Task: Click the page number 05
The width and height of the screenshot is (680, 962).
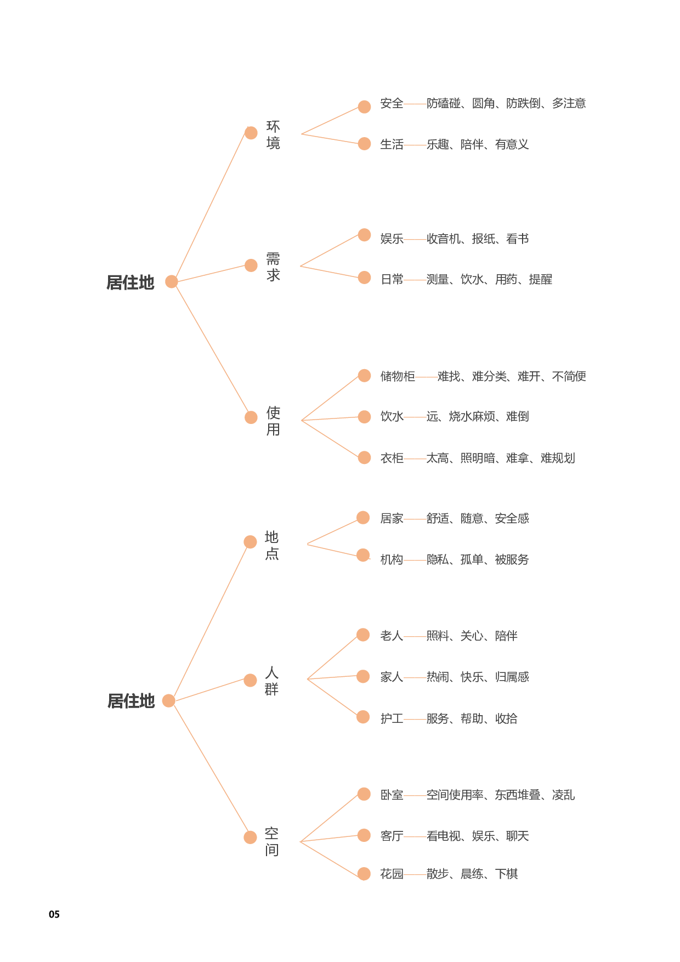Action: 54,914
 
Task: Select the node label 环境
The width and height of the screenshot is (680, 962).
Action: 273,135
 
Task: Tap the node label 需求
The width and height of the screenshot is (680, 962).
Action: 273,267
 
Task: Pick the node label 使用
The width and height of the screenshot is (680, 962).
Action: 273,421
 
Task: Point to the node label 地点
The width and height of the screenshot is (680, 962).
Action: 272,545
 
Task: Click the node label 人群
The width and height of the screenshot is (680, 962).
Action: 272,681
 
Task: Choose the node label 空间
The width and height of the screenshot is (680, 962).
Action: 272,842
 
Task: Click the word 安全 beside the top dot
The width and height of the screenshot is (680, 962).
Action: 392,104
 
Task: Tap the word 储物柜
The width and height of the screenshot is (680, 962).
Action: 397,376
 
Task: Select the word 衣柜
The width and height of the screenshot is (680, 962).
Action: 392,458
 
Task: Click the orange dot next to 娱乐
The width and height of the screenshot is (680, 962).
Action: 364,235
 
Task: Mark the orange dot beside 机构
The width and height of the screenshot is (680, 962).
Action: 363,555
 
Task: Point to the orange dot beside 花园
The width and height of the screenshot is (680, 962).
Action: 364,874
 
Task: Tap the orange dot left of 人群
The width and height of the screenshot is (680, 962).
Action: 250,680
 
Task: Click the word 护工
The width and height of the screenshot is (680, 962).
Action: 392,718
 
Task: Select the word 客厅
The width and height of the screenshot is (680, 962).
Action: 392,836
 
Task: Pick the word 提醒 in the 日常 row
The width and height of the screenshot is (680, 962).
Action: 540,280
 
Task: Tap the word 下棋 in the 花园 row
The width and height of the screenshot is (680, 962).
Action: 506,874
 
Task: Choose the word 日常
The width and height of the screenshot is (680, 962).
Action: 392,280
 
